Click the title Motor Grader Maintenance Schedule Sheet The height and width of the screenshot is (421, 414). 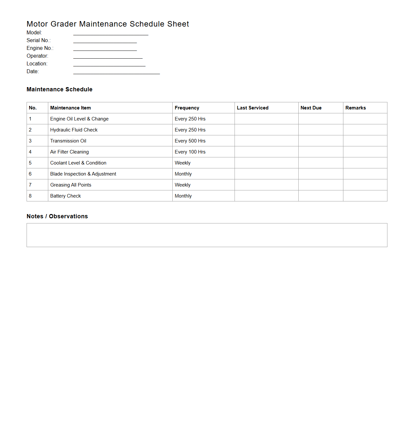coord(108,24)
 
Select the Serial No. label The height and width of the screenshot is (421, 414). coord(39,40)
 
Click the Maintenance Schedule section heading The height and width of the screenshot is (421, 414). coord(59,89)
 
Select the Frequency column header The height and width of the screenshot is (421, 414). coord(187,108)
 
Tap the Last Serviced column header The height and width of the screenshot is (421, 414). coord(252,108)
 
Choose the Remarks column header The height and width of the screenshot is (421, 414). coord(355,108)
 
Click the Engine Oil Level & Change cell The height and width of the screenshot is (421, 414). coord(79,119)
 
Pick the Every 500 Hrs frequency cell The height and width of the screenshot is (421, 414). coord(190,141)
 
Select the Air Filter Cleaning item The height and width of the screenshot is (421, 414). coord(69,152)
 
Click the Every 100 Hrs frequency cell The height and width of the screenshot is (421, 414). coord(190,152)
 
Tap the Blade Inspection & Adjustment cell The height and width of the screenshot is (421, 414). coord(83,174)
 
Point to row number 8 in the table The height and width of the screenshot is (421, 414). coord(30,196)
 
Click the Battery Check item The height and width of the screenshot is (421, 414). coord(65,196)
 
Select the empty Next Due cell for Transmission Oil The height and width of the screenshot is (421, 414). coord(320,141)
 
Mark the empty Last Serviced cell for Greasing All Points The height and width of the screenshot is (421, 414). coord(266,185)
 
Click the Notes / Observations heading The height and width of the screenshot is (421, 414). coord(57,216)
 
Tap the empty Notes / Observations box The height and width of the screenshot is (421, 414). coord(207,235)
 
